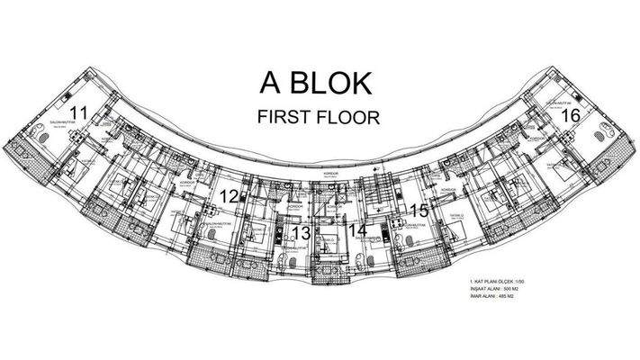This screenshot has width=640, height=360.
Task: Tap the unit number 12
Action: (x=230, y=196)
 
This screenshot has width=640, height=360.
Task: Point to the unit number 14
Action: (x=357, y=231)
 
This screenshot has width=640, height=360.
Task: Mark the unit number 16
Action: (x=569, y=116)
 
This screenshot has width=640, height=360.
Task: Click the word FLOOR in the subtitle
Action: (x=348, y=116)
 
